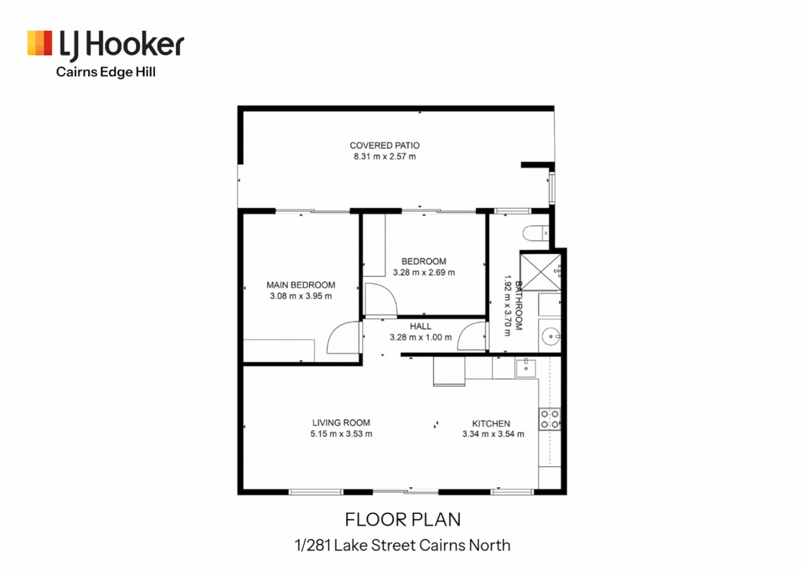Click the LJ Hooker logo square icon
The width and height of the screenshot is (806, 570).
[40, 43]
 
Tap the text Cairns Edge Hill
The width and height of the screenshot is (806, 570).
[106, 72]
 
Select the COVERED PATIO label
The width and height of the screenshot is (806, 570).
[384, 145]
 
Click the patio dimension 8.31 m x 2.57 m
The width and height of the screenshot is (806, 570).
[384, 157]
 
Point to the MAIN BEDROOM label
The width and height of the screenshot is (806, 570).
[300, 285]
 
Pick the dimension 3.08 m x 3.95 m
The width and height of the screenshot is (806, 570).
[300, 296]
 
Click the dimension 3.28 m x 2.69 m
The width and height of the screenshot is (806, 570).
[423, 272]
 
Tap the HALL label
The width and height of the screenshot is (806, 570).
[420, 326]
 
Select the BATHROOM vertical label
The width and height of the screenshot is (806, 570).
[518, 306]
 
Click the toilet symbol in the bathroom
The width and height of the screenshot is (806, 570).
[536, 233]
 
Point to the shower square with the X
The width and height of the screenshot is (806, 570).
[541, 272]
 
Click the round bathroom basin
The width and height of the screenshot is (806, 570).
[551, 336]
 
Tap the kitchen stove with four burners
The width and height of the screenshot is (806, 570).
[549, 419]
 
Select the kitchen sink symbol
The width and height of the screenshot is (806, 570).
[526, 368]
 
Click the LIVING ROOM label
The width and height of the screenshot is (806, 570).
[341, 423]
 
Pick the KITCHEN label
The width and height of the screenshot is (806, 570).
[491, 423]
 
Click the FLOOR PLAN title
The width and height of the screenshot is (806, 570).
[403, 520]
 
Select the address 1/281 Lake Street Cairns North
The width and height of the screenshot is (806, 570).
[403, 545]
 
